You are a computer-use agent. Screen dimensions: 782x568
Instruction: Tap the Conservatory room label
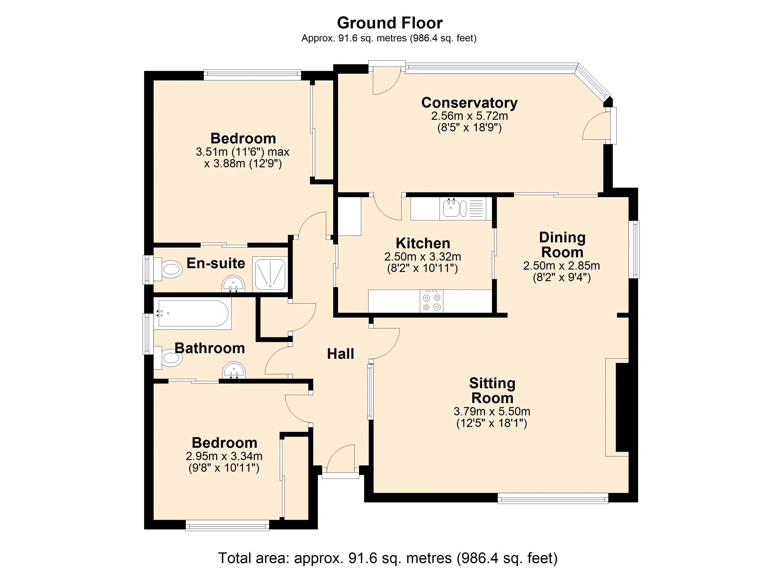(469, 103)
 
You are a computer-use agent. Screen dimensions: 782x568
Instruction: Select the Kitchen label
(423, 243)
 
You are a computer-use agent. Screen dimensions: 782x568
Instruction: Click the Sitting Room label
(492, 390)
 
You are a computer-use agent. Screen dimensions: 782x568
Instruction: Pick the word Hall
(340, 354)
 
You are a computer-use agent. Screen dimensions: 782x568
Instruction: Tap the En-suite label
(216, 263)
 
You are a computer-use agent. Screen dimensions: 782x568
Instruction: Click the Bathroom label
(210, 348)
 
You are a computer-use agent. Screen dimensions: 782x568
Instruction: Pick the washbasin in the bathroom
(234, 371)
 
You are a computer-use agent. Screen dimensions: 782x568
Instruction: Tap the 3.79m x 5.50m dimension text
(492, 411)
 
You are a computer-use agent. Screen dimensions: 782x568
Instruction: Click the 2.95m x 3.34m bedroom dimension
(224, 456)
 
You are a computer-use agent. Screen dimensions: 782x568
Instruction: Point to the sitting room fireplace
(618, 407)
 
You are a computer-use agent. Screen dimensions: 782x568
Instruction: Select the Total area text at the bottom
(388, 558)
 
